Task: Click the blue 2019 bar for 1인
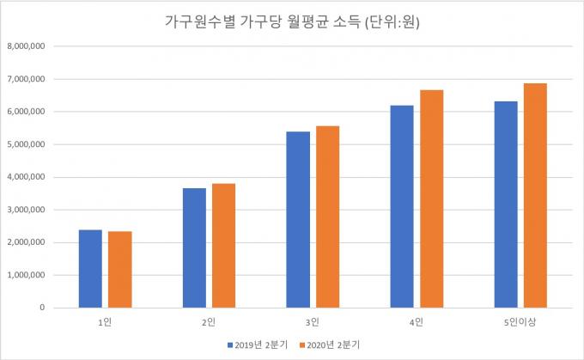click(x=90, y=269)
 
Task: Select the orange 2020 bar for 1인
click(x=120, y=270)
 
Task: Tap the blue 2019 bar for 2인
click(x=194, y=248)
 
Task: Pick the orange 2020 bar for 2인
click(x=223, y=246)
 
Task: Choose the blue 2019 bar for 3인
click(x=298, y=220)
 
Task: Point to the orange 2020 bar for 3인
click(x=327, y=217)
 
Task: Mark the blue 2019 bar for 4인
click(x=401, y=207)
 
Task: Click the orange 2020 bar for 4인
click(x=431, y=199)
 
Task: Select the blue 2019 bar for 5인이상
click(x=505, y=204)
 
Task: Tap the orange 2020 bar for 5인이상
click(x=535, y=196)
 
